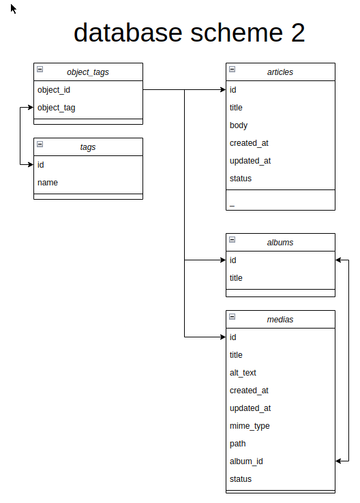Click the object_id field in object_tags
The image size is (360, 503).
click(x=54, y=90)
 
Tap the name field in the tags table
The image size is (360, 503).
click(x=48, y=183)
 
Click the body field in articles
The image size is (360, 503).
click(x=239, y=125)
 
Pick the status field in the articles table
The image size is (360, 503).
click(x=240, y=179)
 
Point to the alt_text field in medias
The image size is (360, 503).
click(x=243, y=373)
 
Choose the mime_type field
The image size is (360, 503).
click(x=250, y=426)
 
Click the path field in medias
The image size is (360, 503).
click(x=238, y=444)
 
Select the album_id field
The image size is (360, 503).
click(x=246, y=461)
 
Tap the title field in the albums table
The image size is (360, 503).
click(x=236, y=278)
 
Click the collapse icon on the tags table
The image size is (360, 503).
click(x=40, y=144)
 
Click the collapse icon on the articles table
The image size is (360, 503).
click(x=232, y=69)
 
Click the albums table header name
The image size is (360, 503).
click(x=280, y=243)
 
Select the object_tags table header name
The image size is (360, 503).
click(x=87, y=72)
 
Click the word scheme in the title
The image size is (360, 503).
click(x=237, y=33)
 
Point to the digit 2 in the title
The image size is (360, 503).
click(x=298, y=33)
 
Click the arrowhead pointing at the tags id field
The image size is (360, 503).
click(x=31, y=165)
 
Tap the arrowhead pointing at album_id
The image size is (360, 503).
click(x=338, y=461)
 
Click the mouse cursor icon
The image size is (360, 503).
click(x=13, y=9)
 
